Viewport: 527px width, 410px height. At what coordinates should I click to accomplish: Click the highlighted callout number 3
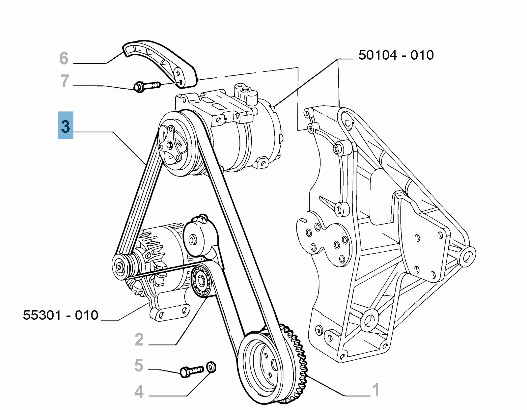[66, 125]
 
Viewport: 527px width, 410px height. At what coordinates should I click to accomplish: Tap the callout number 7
[65, 81]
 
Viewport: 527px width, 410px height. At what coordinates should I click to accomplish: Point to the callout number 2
[139, 340]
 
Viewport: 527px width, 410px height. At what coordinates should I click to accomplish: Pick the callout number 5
[139, 365]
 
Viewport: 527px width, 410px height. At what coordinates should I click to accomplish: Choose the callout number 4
[139, 392]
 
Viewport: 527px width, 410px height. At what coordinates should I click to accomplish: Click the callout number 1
[375, 390]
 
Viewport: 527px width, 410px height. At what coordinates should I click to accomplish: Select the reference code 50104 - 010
[396, 55]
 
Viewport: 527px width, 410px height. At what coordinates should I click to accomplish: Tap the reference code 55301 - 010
[61, 315]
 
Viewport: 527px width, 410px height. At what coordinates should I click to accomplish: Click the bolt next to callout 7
[147, 86]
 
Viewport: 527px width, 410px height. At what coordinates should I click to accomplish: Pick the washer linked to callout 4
[211, 366]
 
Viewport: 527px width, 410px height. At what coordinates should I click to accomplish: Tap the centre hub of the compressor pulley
[170, 145]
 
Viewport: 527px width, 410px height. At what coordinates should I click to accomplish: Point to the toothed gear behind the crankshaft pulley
[298, 356]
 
